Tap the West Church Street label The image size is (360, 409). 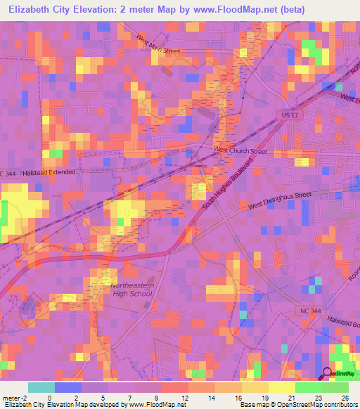[x=240, y=151]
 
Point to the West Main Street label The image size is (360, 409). [x=159, y=45]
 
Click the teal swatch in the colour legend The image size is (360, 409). [x=41, y=387]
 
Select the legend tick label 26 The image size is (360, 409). [x=345, y=398]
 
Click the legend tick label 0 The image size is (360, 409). [x=49, y=398]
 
